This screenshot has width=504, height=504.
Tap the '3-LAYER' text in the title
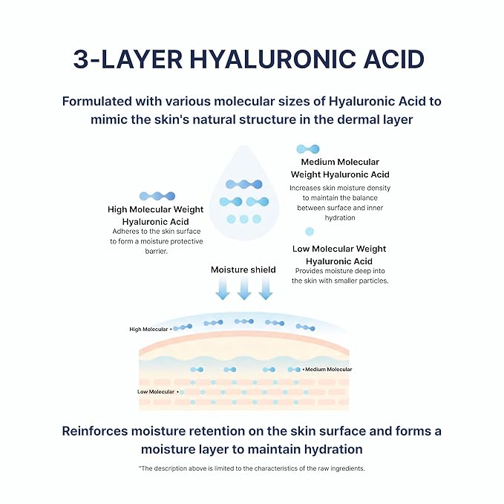[x=128, y=59]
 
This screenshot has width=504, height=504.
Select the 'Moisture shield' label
[x=243, y=269]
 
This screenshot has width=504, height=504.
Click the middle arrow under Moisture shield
[x=244, y=288]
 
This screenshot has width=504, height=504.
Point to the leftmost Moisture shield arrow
[x=223, y=288]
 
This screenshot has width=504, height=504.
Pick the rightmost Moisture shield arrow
[x=266, y=288]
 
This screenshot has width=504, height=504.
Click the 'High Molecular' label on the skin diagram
[x=148, y=329]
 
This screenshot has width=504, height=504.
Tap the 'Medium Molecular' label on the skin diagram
[x=329, y=370]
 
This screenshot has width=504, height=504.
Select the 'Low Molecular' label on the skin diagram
[x=156, y=391]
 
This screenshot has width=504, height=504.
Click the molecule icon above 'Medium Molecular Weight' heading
[x=308, y=149]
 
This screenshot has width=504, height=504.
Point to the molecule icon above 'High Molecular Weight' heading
[x=157, y=196]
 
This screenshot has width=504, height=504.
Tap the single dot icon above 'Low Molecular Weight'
[x=310, y=232]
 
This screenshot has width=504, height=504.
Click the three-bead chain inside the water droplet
[x=244, y=184]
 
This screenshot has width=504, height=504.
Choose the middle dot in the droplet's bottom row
[x=244, y=219]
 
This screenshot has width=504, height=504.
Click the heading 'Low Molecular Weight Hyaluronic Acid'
[x=339, y=255]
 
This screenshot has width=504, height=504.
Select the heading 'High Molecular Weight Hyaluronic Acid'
[x=156, y=215]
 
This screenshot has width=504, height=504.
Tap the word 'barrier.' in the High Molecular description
[x=156, y=252]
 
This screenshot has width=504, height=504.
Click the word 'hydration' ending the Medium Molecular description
[x=340, y=217]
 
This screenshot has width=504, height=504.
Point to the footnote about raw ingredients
[x=252, y=468]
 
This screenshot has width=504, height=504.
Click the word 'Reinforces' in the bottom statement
[x=95, y=431]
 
